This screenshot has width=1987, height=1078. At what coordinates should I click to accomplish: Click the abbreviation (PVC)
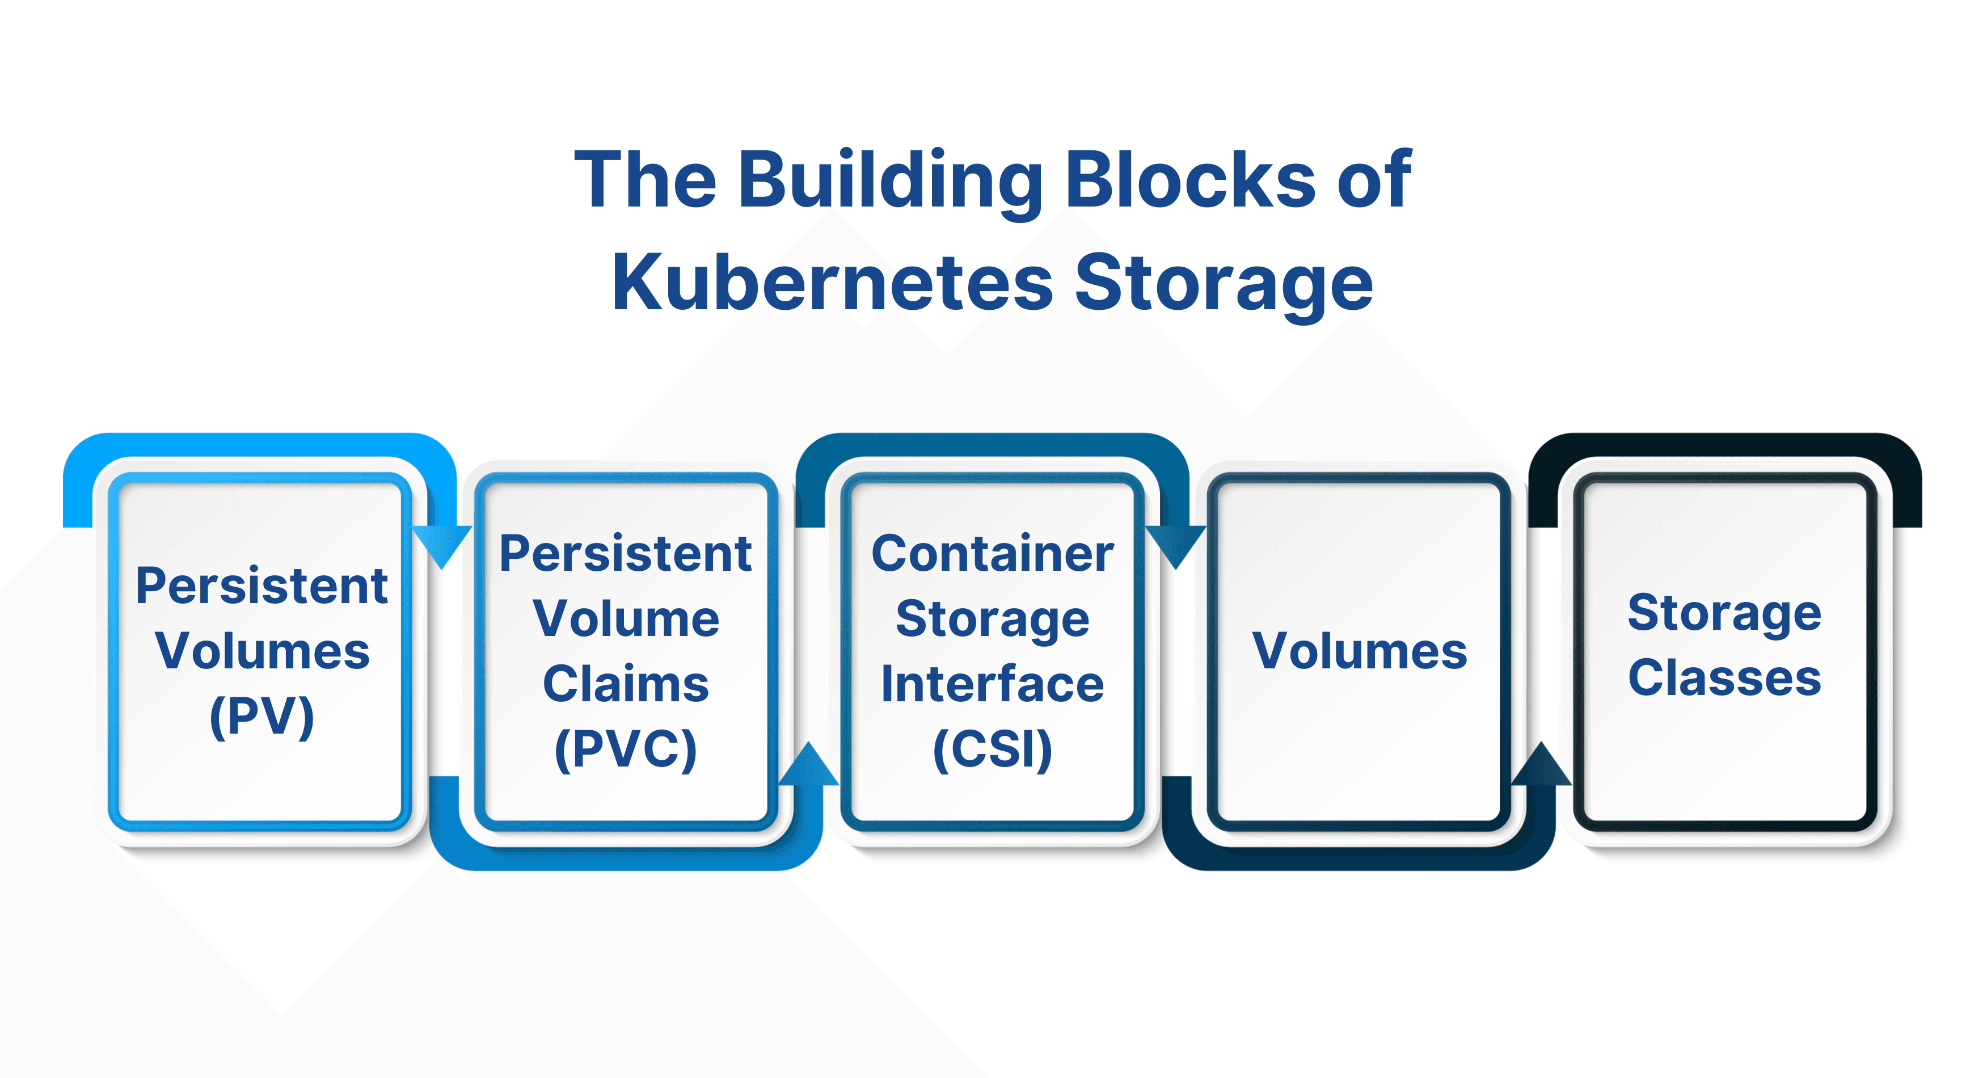tap(626, 749)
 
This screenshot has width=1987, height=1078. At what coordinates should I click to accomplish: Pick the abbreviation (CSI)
tap(993, 749)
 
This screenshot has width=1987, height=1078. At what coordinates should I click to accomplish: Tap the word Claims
tap(626, 684)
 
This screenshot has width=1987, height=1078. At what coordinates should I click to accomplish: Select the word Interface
tap(993, 684)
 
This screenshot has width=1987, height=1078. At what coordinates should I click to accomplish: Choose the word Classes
tap(1725, 677)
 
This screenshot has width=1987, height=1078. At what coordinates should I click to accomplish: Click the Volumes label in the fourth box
tap(1359, 651)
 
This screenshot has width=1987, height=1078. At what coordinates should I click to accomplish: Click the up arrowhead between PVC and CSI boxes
tap(808, 764)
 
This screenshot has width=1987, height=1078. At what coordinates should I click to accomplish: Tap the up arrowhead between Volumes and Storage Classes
tap(1542, 764)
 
